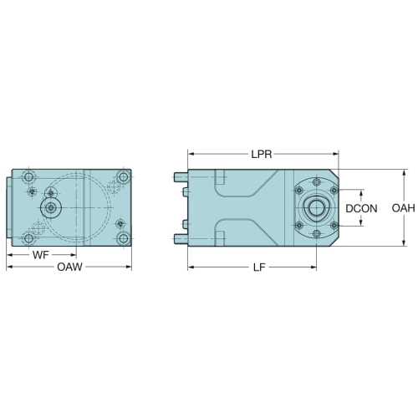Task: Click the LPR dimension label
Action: tap(262, 154)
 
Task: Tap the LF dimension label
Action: tap(259, 268)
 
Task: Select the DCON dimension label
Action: tap(361, 208)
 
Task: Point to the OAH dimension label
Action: tap(404, 208)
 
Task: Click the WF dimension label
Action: tap(41, 255)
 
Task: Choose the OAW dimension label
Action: tap(69, 267)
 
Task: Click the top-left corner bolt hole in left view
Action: tap(28, 176)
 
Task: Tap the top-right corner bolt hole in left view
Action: tap(123, 176)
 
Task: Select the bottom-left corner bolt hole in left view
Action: tap(28, 238)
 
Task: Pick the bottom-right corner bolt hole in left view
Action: tap(123, 238)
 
